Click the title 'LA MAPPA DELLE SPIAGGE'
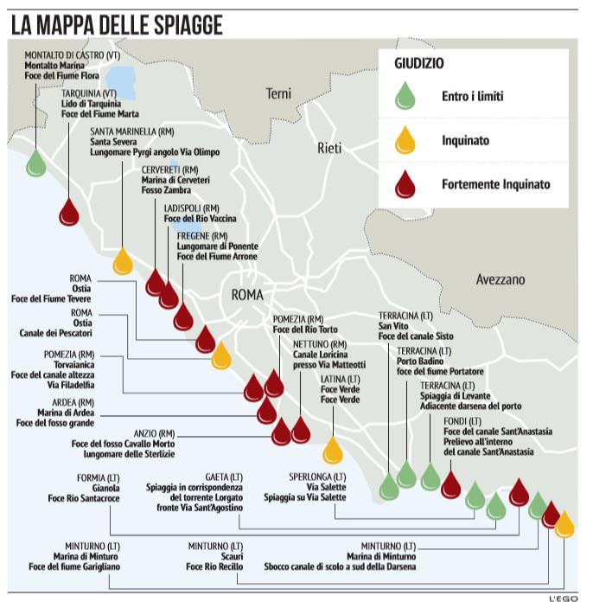(118, 26)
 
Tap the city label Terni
(279, 93)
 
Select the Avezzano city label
(501, 280)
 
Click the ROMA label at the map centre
(253, 295)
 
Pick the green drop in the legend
(405, 94)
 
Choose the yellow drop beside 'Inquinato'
(405, 139)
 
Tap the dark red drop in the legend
(405, 184)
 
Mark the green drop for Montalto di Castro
(35, 162)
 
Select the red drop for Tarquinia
(69, 211)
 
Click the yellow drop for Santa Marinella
(123, 259)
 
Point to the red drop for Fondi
(450, 484)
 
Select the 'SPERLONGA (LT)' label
(317, 477)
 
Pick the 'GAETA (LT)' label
(224, 477)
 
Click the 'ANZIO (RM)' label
(154, 432)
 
